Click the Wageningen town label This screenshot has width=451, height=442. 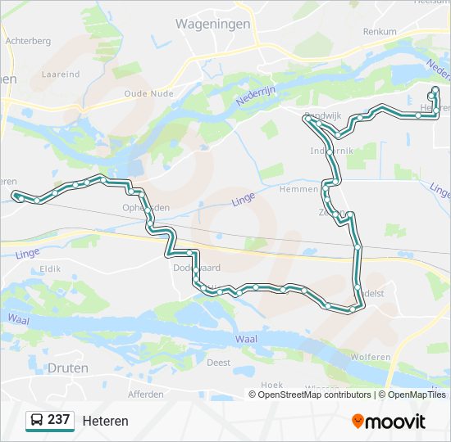212,25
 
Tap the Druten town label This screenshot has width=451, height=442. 68,368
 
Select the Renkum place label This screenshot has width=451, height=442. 380,32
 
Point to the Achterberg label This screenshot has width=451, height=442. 28,40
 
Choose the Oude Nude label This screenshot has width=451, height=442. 146,93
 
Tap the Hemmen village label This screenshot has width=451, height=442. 298,189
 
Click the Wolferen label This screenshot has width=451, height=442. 370,357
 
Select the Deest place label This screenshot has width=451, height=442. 218,362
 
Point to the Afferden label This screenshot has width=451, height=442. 146,394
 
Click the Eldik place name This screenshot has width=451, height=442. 50,268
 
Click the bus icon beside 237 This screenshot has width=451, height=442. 36,421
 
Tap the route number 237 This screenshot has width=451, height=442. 58,420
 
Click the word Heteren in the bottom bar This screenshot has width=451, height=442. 105,421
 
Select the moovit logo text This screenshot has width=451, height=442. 395,422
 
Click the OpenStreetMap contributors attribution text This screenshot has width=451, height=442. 314,395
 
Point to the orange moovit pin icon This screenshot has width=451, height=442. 358,421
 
